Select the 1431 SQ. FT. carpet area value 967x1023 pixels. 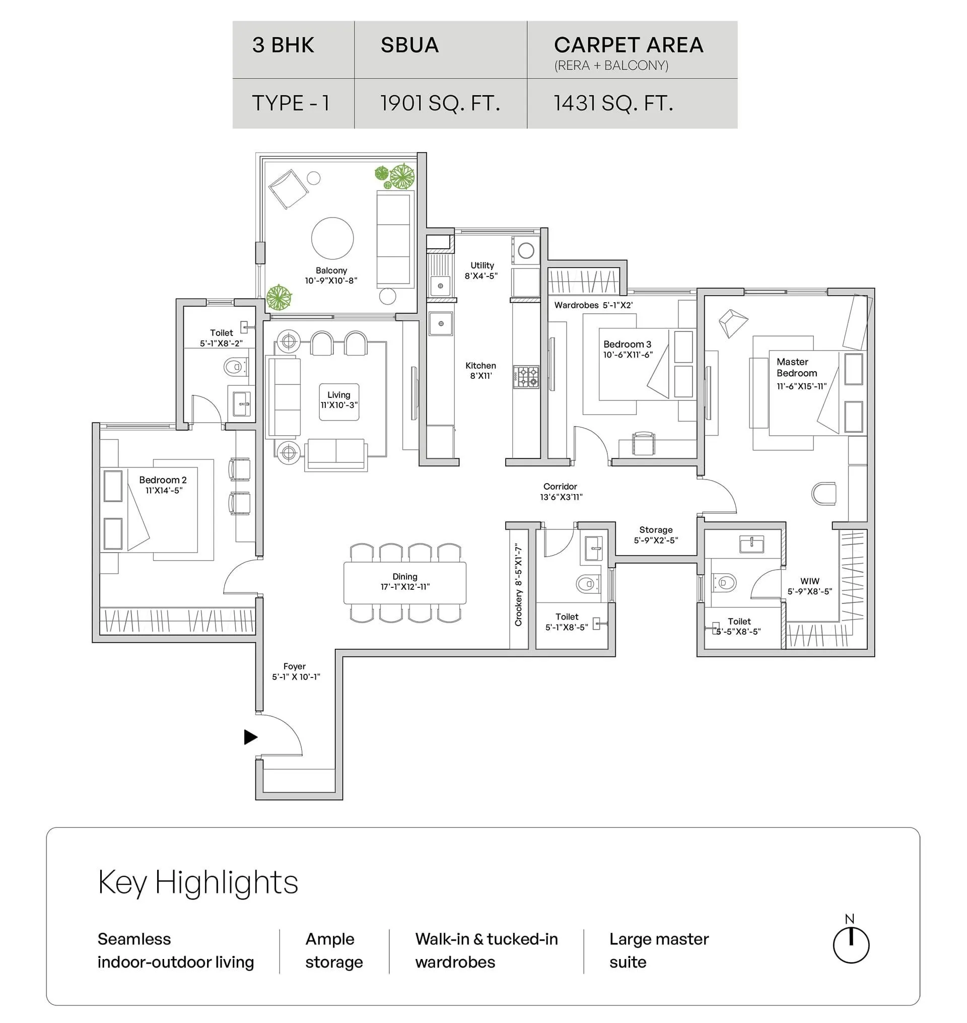point(613,104)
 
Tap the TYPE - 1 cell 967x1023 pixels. point(291,104)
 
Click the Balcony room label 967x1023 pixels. point(331,270)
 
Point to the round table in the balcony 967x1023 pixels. point(332,238)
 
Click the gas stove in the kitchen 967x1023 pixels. point(526,377)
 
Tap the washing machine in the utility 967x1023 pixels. point(526,251)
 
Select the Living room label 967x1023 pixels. point(338,395)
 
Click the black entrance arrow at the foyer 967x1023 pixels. point(250,737)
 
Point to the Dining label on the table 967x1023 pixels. point(404,576)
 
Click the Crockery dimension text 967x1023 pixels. point(519,585)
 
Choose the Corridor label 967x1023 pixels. point(560,487)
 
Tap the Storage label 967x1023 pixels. point(656,530)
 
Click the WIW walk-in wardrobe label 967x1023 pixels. point(810,581)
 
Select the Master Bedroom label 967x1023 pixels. point(796,367)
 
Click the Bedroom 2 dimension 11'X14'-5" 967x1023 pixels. point(164,491)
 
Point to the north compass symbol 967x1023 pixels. point(851,944)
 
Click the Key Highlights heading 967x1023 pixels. point(198,882)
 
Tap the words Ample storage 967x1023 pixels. point(334,950)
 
